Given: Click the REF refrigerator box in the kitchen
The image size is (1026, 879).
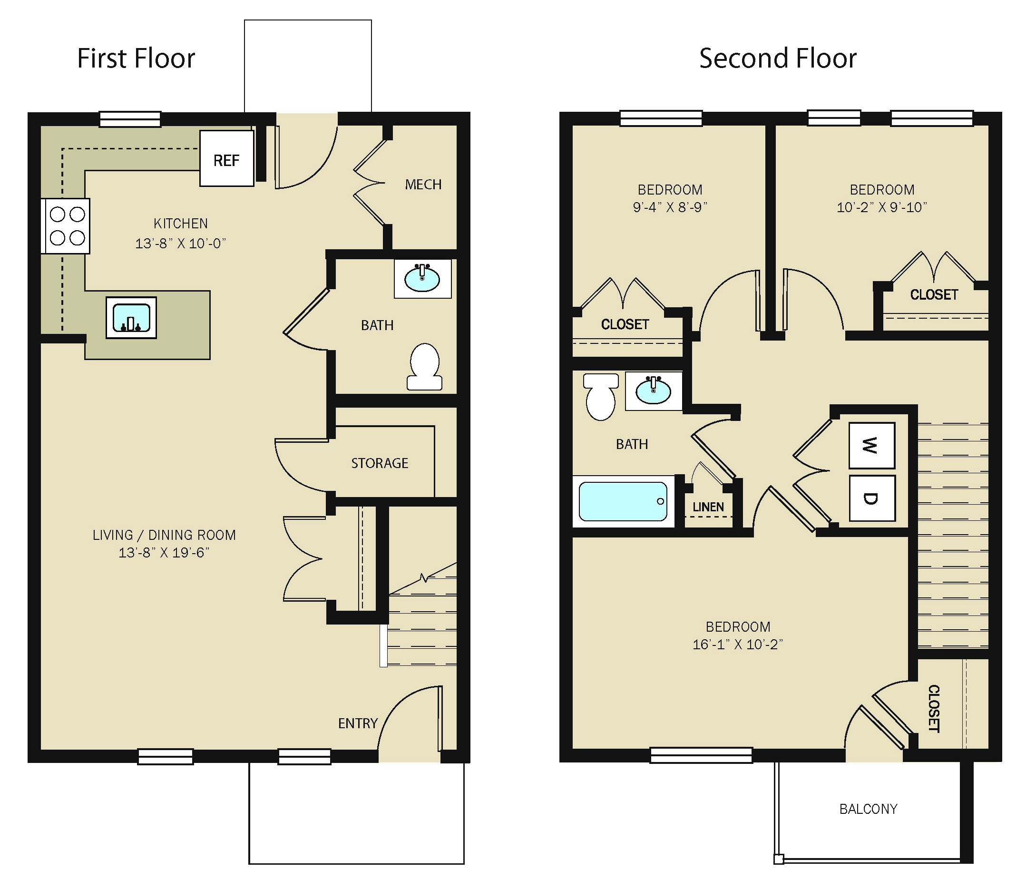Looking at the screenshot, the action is coord(227,158).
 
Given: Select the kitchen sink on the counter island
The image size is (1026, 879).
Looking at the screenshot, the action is coord(131,318).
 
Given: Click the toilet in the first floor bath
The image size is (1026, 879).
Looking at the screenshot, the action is coord(425,366).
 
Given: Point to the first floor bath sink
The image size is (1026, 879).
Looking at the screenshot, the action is coord(422,278).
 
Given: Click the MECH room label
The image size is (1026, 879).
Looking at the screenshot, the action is coord(423,185).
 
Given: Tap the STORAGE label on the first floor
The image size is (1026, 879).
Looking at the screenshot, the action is coord(380,463).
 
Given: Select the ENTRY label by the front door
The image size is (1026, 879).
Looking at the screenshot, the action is coord(358,723).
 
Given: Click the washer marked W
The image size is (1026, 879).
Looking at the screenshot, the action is coord(872,445).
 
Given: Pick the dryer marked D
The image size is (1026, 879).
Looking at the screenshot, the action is coord(872,498).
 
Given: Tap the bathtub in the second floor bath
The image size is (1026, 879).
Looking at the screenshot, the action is coord(624,502).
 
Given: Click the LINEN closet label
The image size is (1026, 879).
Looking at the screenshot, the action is coord(708,507).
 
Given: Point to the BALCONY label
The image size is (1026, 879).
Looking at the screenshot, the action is coord(869,809).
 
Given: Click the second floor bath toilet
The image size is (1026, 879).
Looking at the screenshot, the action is coord(601,397).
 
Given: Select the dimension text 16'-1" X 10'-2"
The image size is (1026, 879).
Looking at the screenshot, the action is coord(738,645).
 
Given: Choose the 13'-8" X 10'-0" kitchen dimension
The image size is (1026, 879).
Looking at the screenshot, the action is coord(181,243).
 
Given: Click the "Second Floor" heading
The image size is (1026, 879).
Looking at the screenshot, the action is coord(778,59).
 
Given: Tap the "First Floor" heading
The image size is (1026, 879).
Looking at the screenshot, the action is coord(136,59).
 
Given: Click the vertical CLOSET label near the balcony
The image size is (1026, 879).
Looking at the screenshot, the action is coord(933,709).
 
